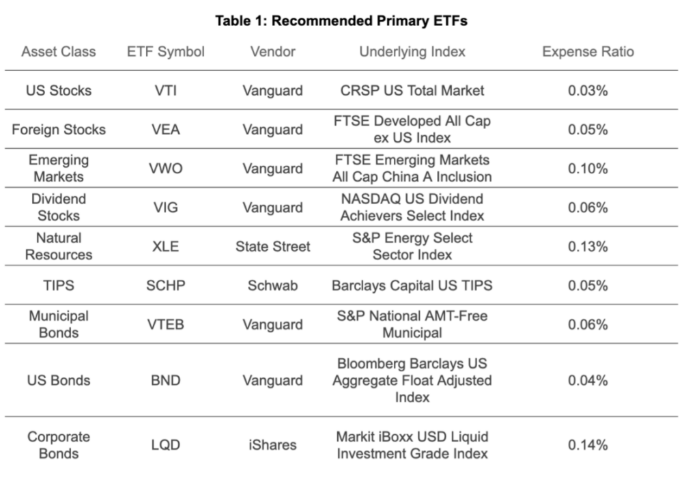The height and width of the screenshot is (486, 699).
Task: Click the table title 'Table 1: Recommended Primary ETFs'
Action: [341, 20]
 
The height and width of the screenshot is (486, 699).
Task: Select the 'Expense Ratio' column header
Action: [588, 52]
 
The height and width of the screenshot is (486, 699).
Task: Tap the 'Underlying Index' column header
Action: [412, 52]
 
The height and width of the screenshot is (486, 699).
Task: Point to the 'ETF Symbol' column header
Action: [166, 52]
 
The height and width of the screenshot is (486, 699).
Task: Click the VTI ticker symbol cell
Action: [166, 91]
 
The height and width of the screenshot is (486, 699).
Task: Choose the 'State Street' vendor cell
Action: [272, 246]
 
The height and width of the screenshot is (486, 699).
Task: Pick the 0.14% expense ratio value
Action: [588, 445]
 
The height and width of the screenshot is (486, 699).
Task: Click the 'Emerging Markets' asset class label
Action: [59, 168]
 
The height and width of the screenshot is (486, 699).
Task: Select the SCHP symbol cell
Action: [166, 285]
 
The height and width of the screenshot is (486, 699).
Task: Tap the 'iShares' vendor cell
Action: [272, 445]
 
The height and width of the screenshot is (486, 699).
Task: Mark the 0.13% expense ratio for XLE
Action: [588, 246]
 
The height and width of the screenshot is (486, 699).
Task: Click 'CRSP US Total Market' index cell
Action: [412, 91]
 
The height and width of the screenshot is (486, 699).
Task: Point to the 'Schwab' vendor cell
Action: [272, 285]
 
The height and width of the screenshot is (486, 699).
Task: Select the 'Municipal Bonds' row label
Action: [59, 324]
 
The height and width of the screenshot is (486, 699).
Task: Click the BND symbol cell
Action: [166, 380]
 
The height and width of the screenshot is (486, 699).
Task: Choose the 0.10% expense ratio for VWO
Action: [588, 169]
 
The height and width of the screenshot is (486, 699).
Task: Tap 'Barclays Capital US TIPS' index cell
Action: [412, 285]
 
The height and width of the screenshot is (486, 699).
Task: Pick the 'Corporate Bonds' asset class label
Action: [59, 445]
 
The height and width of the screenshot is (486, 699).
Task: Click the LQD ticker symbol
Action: [166, 445]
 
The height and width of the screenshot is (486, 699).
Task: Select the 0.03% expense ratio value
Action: [588, 91]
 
